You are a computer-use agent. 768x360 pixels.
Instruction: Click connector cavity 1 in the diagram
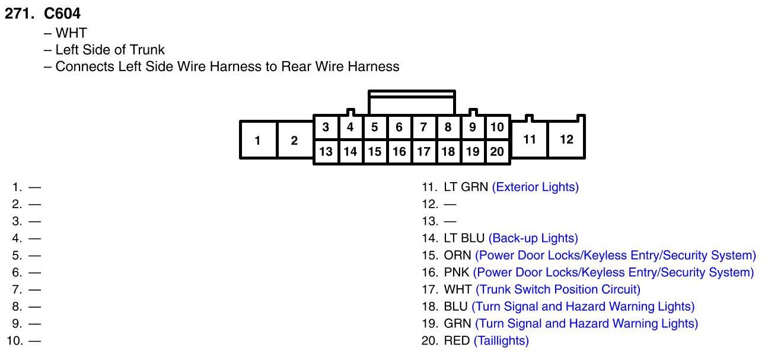tap(258, 140)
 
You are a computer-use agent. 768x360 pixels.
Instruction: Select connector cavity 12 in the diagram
tap(566, 139)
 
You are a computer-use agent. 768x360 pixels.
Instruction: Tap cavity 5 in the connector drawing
tap(374, 127)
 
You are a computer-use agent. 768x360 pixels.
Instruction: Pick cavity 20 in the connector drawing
tap(497, 151)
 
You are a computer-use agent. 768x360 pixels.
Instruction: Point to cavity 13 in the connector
tap(326, 151)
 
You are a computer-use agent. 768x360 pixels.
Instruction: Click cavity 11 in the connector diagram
tap(530, 139)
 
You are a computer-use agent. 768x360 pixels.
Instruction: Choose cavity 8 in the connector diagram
tap(448, 127)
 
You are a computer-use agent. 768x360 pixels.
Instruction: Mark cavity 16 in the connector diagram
tap(399, 151)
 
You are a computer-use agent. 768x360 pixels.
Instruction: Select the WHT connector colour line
tap(71, 33)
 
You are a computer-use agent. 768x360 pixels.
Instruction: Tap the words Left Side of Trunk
tap(110, 50)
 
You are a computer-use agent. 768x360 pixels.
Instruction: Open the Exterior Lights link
tap(535, 187)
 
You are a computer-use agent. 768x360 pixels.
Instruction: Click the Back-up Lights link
tap(533, 238)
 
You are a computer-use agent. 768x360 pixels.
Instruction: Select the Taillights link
tap(501, 341)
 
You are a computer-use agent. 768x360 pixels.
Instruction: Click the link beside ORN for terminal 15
tap(615, 256)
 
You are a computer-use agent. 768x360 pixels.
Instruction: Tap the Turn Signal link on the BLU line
tap(582, 307)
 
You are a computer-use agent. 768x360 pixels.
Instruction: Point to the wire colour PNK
tap(457, 273)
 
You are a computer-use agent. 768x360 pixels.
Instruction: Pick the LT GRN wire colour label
tap(466, 187)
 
